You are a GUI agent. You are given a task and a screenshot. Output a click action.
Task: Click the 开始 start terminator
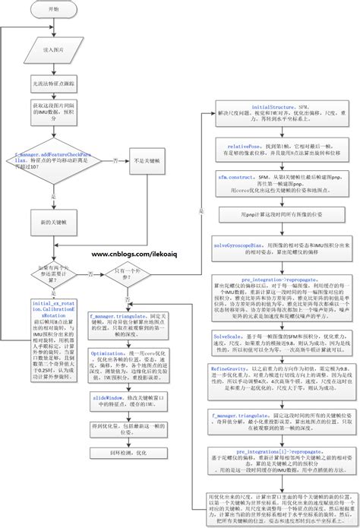click(52, 10)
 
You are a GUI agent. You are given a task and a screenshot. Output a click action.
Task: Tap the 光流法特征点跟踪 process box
click(53, 78)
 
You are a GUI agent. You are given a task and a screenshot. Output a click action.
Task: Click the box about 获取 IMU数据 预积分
click(52, 113)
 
